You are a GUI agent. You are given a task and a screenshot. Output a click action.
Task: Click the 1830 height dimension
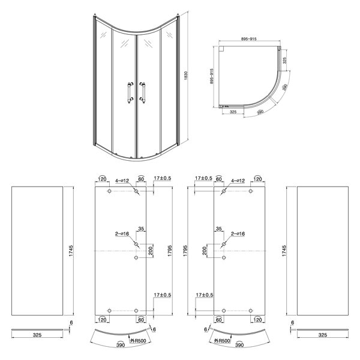click(186, 76)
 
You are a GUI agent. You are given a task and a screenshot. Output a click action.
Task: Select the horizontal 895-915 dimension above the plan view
click(248, 39)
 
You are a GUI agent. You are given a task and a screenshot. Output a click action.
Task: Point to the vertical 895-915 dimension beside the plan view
click(212, 76)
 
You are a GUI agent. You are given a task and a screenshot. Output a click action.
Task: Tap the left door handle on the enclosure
click(130, 92)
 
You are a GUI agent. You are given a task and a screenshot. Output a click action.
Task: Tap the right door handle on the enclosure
click(142, 92)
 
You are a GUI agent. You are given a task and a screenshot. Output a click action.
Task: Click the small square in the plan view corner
click(221, 49)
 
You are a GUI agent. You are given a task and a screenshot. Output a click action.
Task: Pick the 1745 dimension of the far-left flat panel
click(71, 251)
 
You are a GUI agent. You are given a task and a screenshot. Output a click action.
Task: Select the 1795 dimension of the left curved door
click(170, 251)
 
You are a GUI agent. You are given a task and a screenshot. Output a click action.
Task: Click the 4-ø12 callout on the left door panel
click(122, 181)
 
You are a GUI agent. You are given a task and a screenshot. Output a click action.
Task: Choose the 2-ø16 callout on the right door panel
click(238, 234)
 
